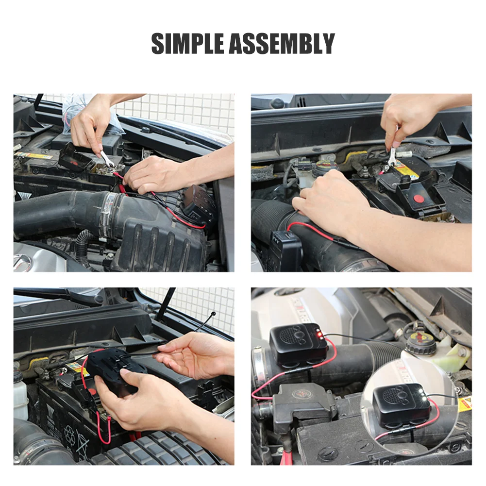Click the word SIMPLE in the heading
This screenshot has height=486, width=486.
188,44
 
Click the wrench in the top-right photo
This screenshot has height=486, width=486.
392,154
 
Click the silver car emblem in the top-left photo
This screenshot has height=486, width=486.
22,263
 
